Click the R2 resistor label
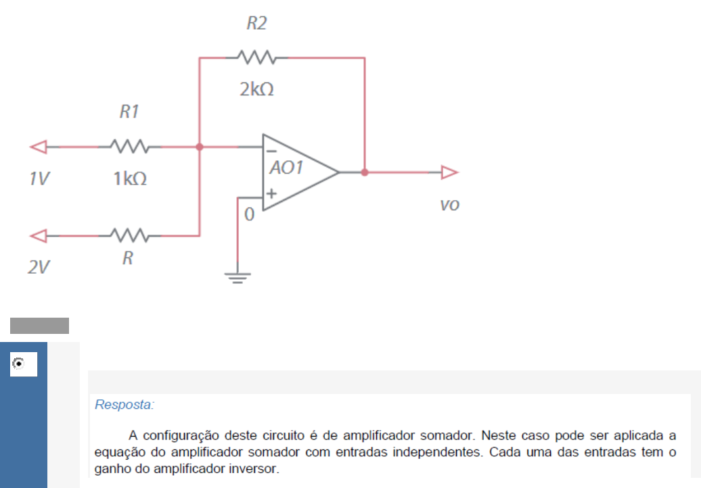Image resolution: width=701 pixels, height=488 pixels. [x=256, y=23]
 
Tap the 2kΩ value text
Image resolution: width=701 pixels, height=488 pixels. [x=256, y=89]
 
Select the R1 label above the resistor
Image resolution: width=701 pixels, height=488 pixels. [x=129, y=111]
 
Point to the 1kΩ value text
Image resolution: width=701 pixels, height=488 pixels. [x=130, y=178]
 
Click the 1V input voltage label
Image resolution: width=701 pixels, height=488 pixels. [x=39, y=178]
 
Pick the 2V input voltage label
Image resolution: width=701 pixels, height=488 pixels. [x=39, y=267]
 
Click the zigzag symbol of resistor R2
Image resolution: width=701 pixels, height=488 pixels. [x=256, y=57]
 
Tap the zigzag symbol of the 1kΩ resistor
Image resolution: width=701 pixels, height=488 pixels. [x=130, y=147]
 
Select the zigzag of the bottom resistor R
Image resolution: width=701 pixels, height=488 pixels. [x=130, y=235]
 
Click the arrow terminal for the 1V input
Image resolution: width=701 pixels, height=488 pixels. [x=39, y=147]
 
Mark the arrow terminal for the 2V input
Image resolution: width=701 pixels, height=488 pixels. [x=39, y=236]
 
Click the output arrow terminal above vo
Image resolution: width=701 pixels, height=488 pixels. [x=449, y=172]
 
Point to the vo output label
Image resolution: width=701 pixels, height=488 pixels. [x=450, y=205]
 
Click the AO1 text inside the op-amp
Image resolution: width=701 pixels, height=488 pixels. [x=286, y=168]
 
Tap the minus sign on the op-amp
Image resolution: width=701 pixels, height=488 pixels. [x=271, y=151]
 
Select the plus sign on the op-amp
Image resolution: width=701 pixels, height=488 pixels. [x=271, y=194]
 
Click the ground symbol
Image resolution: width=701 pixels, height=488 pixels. [x=238, y=278]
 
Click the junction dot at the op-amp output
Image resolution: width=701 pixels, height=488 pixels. [x=365, y=172]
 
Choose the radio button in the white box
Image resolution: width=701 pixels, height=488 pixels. [x=18, y=364]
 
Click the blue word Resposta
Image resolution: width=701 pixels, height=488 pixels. [x=125, y=404]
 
